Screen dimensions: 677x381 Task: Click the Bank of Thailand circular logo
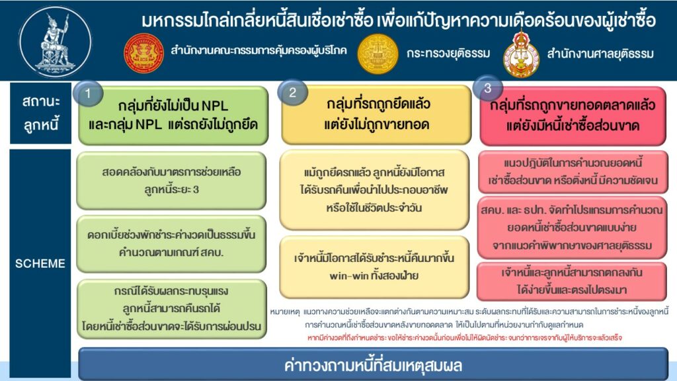pos(55,42)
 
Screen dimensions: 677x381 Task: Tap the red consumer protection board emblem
pos(143,53)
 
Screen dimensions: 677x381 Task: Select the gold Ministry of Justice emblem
pos(378,54)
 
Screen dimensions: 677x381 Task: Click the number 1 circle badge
pos(88,93)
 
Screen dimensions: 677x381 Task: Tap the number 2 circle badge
pos(292,93)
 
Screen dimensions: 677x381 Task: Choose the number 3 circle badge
pos(487,89)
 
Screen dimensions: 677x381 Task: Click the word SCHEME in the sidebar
pos(40,263)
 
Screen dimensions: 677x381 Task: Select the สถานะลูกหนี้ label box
pos(40,113)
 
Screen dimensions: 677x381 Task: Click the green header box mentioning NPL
pos(173,115)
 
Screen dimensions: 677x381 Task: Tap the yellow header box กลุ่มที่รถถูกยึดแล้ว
pos(376,114)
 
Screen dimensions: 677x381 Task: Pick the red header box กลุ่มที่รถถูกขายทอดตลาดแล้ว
pos(573,115)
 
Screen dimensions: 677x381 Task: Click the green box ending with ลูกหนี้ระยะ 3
pos(171,181)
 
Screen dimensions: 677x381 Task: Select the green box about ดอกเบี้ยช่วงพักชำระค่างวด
pos(171,244)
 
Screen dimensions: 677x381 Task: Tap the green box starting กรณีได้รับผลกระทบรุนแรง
pos(171,308)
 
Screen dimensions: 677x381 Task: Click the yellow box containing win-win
pos(374,267)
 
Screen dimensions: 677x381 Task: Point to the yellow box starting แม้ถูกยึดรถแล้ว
pos(374,190)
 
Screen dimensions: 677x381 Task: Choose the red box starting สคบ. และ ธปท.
pos(573,228)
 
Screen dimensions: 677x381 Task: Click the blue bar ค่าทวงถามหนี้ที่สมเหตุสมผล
pos(373,365)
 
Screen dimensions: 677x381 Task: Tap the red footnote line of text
pos(465,338)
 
